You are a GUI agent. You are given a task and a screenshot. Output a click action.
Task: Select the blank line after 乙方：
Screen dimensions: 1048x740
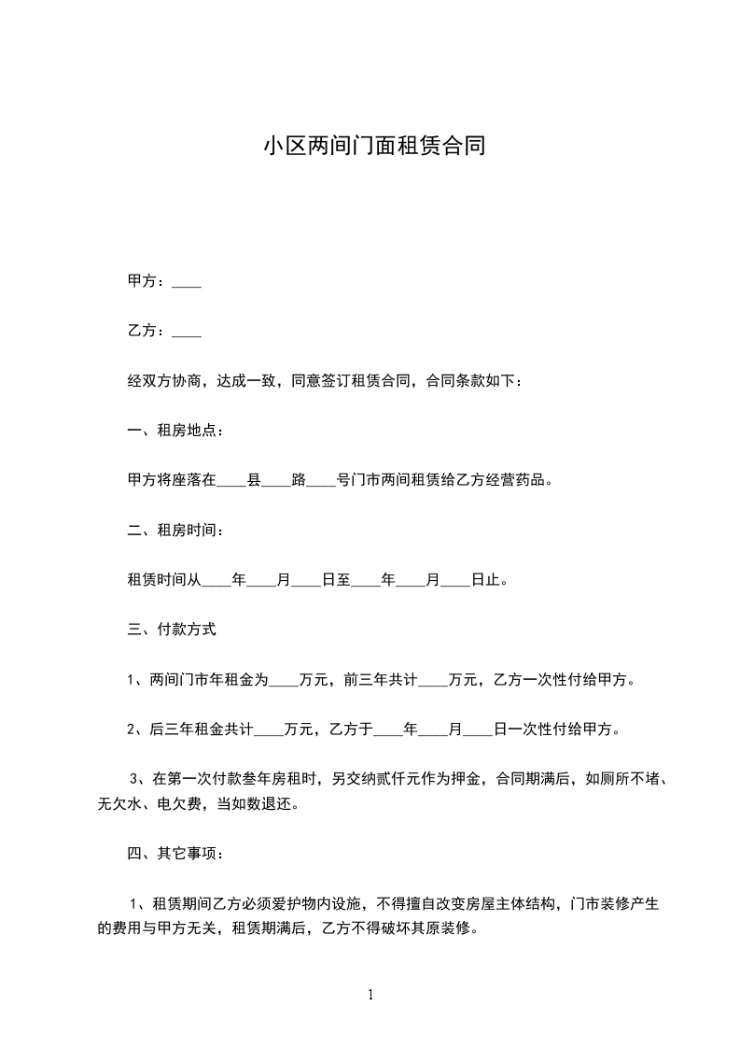pyautogui.click(x=188, y=332)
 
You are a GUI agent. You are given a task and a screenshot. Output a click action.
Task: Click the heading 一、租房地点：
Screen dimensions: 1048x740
pyautogui.click(x=175, y=431)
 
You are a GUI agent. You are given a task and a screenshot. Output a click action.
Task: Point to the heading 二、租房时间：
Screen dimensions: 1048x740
pyautogui.click(x=175, y=531)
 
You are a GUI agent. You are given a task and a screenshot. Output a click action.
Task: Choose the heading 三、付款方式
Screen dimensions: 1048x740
pyautogui.click(x=172, y=630)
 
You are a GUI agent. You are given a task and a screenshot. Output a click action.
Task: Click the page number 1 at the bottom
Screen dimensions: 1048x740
pyautogui.click(x=370, y=995)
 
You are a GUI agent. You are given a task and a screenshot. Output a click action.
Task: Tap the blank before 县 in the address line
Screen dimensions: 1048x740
pyautogui.click(x=231, y=481)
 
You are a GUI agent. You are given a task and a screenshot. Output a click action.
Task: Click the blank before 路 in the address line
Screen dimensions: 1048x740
pyautogui.click(x=276, y=481)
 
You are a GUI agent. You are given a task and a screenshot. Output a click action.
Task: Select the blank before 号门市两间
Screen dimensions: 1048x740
pyautogui.click(x=321, y=481)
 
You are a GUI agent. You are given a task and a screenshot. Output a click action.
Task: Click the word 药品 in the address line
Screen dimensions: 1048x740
pyautogui.click(x=538, y=481)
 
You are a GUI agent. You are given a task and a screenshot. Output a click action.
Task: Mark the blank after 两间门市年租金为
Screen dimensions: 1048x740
pyautogui.click(x=284, y=680)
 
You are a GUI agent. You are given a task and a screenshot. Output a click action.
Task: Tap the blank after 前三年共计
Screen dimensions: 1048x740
pyautogui.click(x=433, y=680)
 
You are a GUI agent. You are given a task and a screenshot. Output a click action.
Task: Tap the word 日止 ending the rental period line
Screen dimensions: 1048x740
pyautogui.click(x=485, y=580)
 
